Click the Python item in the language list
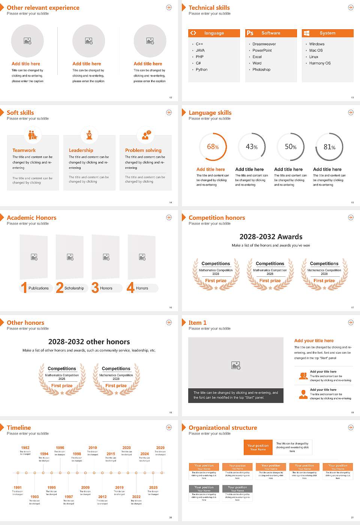(201, 70)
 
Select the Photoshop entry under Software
(261, 70)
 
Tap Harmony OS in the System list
(319, 63)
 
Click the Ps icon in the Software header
(250, 33)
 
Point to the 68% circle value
(213, 147)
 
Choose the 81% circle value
(329, 147)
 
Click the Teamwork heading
(24, 150)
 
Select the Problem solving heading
(143, 150)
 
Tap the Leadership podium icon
(89, 135)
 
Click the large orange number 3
(95, 288)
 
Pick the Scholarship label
(74, 288)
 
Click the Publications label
(38, 288)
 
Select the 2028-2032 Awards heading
(271, 237)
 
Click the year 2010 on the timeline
(93, 448)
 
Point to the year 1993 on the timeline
(34, 497)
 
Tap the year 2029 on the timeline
(160, 448)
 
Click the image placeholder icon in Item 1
(236, 365)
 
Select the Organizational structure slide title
(223, 428)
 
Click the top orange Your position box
(258, 447)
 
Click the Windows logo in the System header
(306, 33)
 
